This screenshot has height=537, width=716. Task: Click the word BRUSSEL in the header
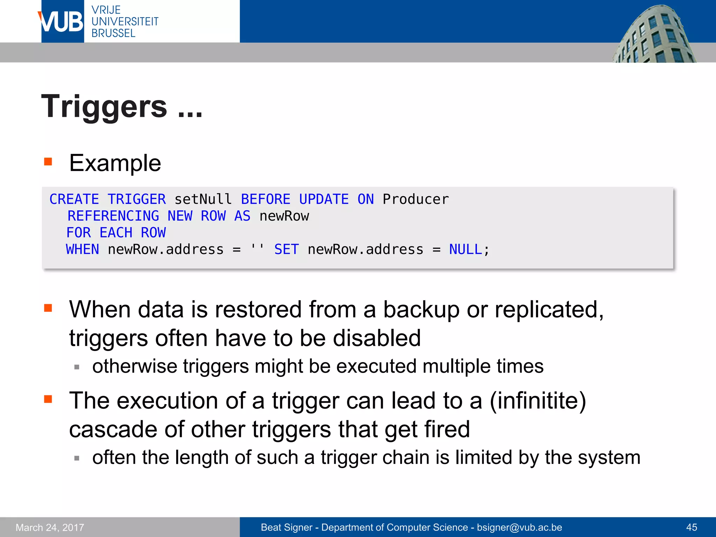click(113, 33)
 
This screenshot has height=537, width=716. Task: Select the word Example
click(115, 163)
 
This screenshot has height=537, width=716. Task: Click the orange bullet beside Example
click(48, 162)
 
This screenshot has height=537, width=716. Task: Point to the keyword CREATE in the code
click(74, 199)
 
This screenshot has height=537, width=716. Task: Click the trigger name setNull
click(203, 199)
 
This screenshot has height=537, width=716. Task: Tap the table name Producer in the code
click(415, 199)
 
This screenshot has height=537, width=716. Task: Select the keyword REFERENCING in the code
click(113, 216)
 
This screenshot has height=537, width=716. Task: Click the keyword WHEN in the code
click(83, 250)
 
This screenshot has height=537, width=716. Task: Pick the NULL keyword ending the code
click(465, 250)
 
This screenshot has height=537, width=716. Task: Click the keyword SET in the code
click(286, 250)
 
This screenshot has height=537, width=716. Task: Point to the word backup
click(421, 310)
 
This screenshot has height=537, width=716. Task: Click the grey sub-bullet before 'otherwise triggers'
click(77, 367)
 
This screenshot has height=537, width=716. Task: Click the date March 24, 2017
click(50, 527)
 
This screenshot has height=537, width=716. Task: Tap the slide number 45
click(692, 527)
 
